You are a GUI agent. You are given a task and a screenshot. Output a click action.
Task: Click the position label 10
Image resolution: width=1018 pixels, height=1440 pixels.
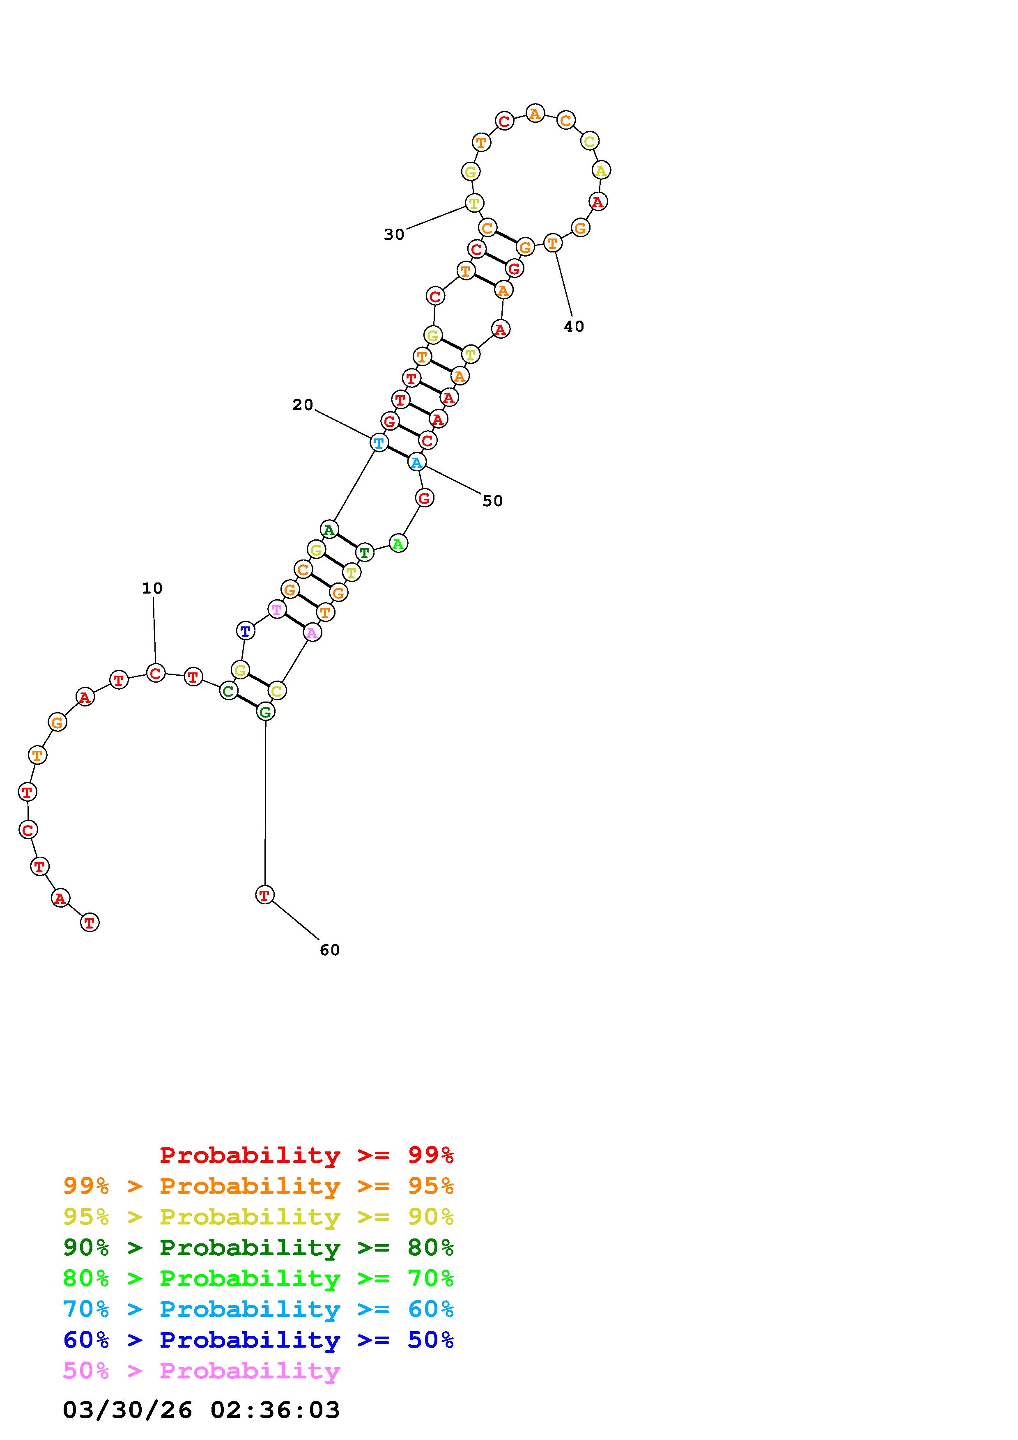pyautogui.click(x=152, y=588)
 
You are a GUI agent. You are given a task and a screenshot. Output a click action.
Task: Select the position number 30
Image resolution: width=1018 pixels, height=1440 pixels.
pyautogui.click(x=394, y=234)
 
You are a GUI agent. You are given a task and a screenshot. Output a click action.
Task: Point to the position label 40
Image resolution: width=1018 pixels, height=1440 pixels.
pyautogui.click(x=574, y=326)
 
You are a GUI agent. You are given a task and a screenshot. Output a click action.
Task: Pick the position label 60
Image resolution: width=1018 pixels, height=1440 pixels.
pyautogui.click(x=329, y=950)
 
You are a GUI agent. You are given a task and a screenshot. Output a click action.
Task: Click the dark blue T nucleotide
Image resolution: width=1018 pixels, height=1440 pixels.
pyautogui.click(x=245, y=631)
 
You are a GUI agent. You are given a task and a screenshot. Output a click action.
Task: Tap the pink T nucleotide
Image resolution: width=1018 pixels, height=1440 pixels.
pyautogui.click(x=277, y=610)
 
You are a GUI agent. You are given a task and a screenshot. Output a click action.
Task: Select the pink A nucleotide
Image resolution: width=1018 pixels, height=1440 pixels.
pyautogui.click(x=312, y=633)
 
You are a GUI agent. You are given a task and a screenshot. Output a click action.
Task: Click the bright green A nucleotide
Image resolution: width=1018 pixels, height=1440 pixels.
pyautogui.click(x=398, y=543)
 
